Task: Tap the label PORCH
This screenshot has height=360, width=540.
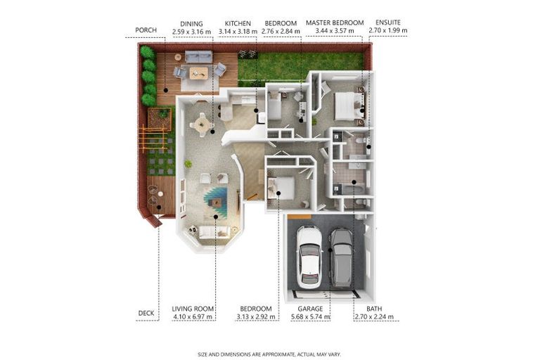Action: (146, 31)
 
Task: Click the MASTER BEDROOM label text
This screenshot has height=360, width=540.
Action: (335, 23)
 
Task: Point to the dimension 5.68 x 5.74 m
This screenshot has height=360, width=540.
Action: (309, 317)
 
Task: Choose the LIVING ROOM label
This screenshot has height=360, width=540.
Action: (192, 309)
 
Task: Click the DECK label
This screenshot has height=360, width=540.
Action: (146, 313)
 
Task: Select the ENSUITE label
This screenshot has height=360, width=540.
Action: (388, 23)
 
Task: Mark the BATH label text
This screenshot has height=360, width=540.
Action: (374, 309)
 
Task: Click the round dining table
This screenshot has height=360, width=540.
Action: (202, 124)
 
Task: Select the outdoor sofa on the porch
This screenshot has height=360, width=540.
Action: (198, 56)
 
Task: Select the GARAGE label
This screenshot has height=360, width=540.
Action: (309, 309)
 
